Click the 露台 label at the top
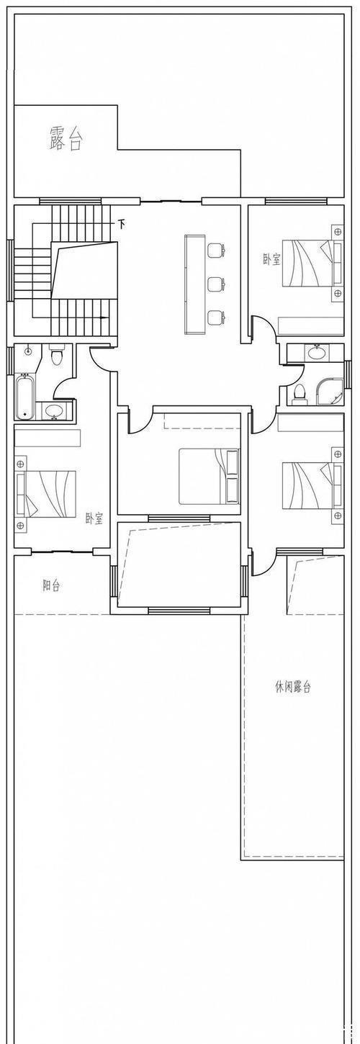(66, 138)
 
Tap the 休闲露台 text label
(293, 686)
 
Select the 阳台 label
(51, 585)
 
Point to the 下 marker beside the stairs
(122, 224)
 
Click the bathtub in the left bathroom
(24, 397)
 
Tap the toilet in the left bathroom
(58, 355)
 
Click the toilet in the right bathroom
(300, 394)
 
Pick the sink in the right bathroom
(315, 353)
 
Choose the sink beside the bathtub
(53, 411)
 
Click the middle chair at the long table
(215, 284)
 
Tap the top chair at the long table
(215, 251)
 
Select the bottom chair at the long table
(215, 317)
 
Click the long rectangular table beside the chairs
(194, 284)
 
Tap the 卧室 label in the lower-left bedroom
(94, 518)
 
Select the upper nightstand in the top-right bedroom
(336, 230)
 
